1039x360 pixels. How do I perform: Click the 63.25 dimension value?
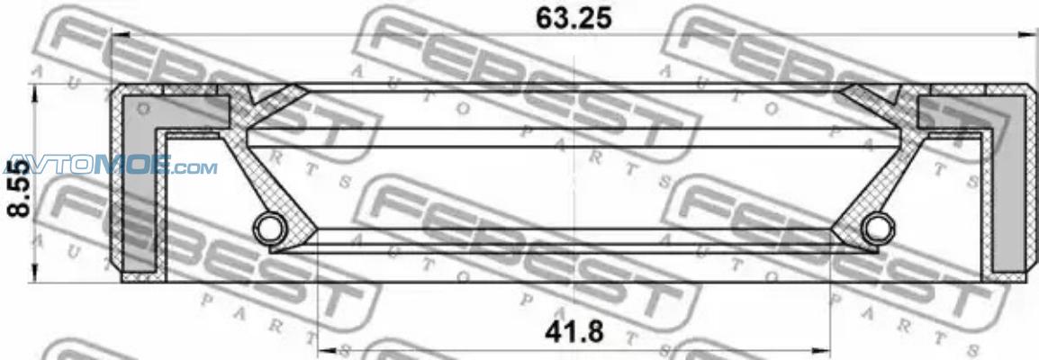tap(574, 19)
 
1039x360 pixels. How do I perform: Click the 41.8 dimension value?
tap(574, 332)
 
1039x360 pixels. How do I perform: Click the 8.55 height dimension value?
tap(19, 189)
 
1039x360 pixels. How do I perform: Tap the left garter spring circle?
tap(267, 229)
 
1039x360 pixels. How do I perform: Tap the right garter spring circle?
tap(876, 229)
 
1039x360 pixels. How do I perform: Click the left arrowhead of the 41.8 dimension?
tap(326, 349)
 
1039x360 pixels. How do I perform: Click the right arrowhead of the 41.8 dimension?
tap(823, 349)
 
